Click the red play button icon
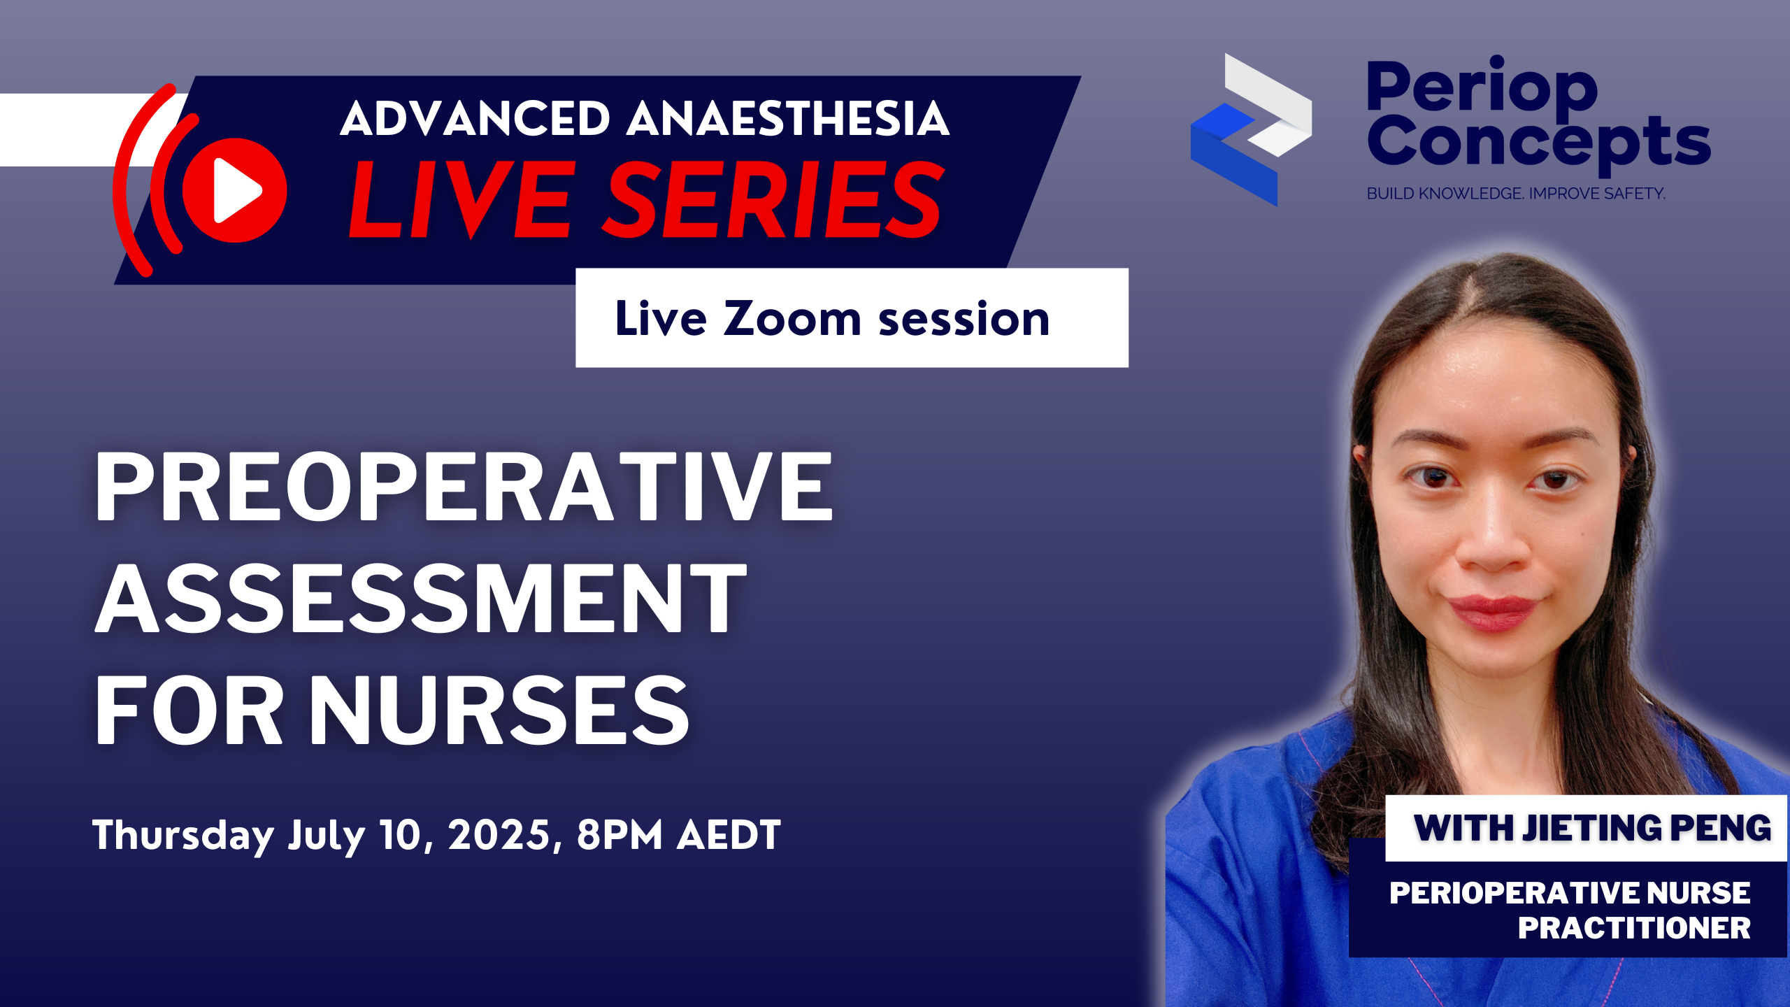click(234, 190)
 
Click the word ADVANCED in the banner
click(475, 118)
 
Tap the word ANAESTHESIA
click(788, 118)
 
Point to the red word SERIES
click(773, 199)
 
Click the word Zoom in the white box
click(792, 319)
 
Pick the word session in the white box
click(964, 320)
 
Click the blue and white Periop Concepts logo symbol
click(1251, 129)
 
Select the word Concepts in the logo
click(1539, 143)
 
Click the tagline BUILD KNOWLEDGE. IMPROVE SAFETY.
click(1516, 193)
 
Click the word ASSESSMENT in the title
click(422, 599)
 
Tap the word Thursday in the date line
click(183, 836)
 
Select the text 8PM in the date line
click(620, 834)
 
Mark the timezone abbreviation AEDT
click(729, 834)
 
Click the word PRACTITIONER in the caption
click(1634, 929)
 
